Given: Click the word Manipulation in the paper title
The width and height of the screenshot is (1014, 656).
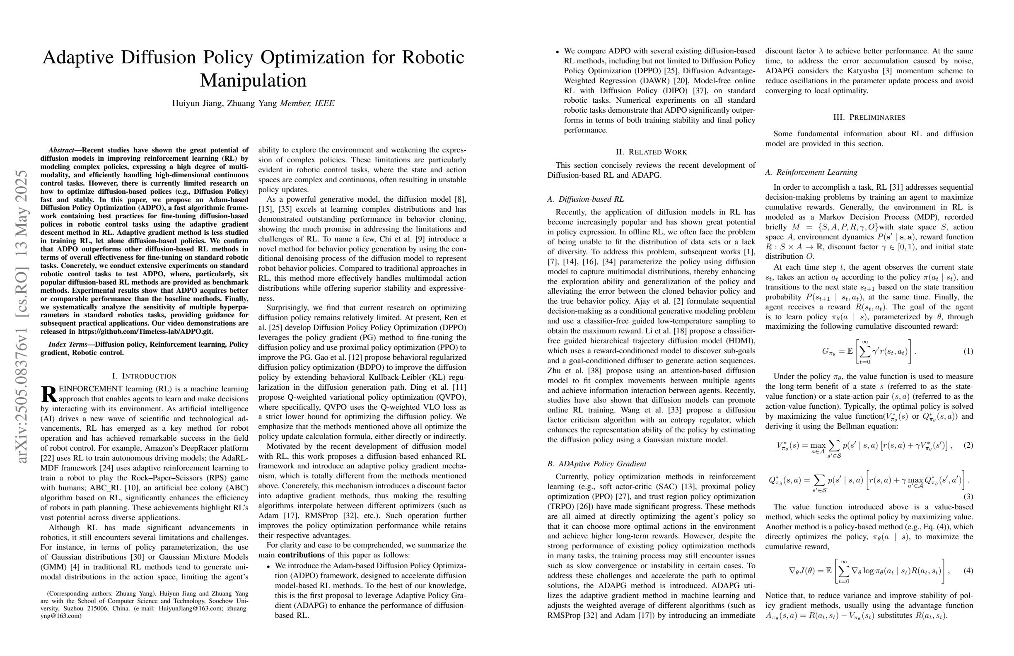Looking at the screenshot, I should [253, 80].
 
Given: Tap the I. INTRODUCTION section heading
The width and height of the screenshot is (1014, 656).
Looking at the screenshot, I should [144, 376].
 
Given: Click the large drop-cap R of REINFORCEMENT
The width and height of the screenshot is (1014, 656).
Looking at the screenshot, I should [48, 394].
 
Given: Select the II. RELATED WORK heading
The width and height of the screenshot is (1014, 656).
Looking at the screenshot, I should [651, 152].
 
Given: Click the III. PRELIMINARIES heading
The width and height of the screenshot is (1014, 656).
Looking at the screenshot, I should [869, 117].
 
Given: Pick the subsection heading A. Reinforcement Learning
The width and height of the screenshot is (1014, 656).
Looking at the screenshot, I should [811, 173].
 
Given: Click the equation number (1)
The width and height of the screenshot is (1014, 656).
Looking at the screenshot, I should [968, 352].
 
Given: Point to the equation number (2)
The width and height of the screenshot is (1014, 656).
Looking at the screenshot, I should [968, 445].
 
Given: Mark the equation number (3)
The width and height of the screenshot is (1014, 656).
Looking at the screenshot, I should [968, 496].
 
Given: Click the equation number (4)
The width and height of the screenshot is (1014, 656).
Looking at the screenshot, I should [968, 570].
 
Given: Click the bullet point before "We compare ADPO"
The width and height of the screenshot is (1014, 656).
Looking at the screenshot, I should [557, 51].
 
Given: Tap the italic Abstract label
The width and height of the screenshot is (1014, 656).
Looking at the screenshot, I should [61, 150].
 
